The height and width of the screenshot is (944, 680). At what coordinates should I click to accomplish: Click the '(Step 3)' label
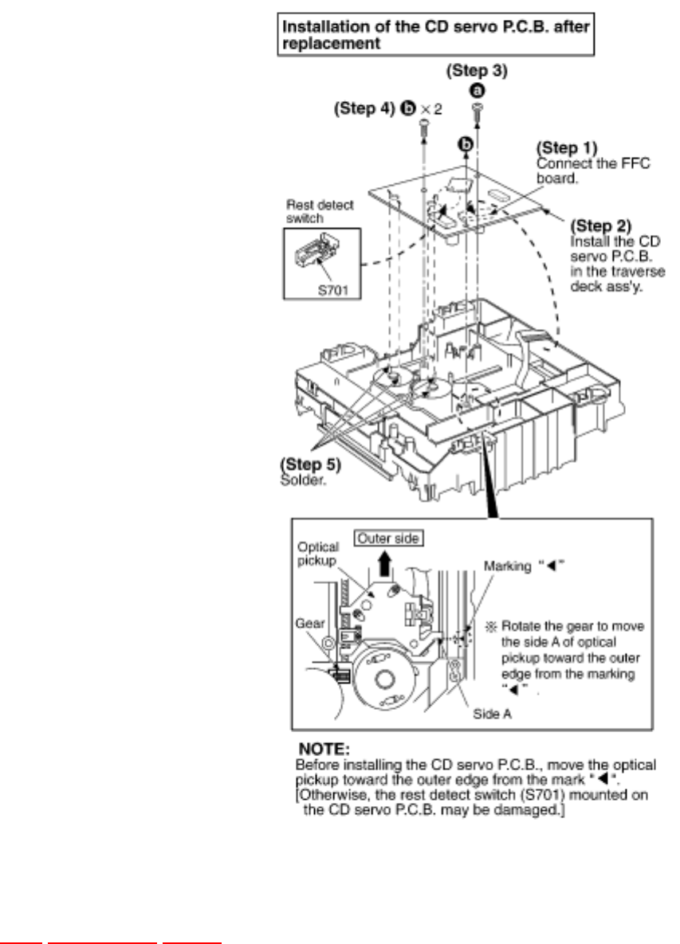click(476, 71)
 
